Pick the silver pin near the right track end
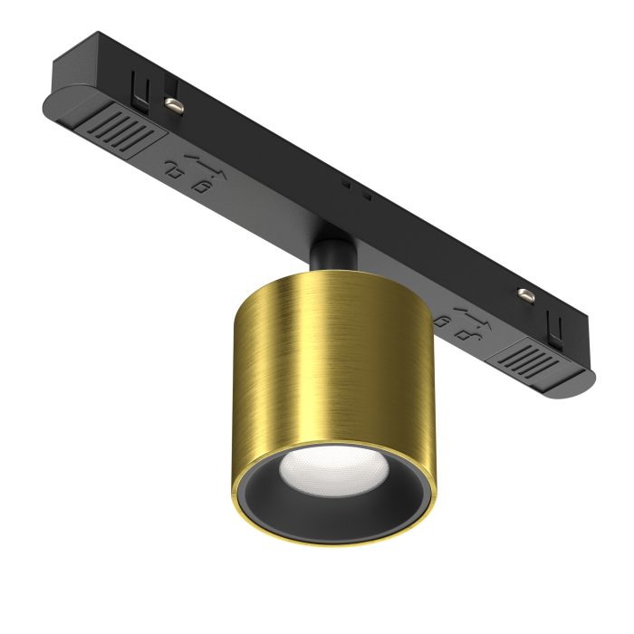[x=524, y=293]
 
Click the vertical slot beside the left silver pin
[x=140, y=87]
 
